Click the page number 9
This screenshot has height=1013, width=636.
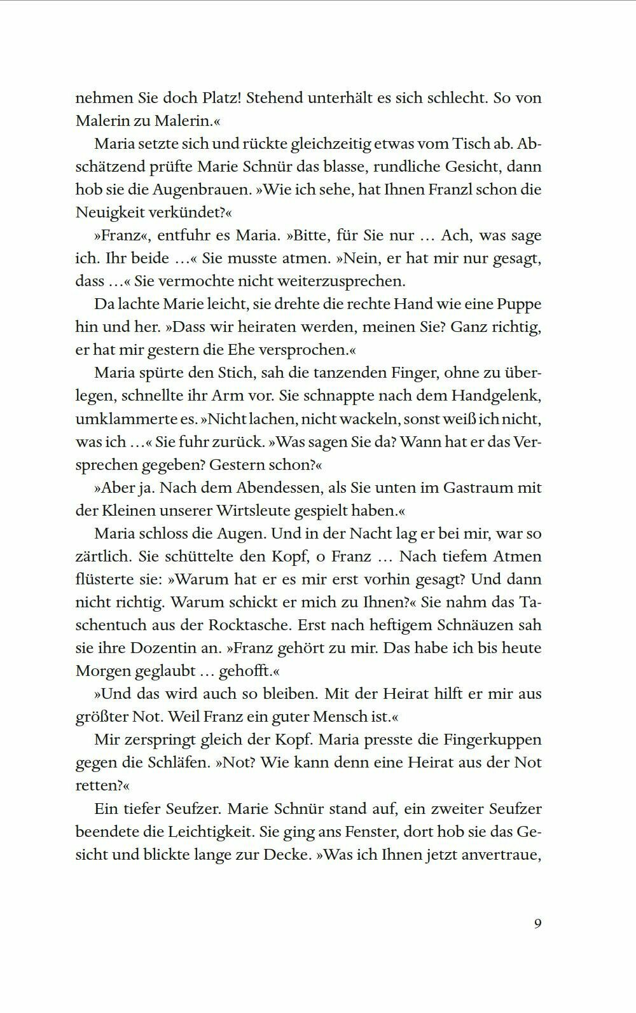pos(537,923)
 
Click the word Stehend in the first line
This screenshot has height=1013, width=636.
pos(272,98)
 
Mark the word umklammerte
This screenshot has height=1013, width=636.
pos(126,418)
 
